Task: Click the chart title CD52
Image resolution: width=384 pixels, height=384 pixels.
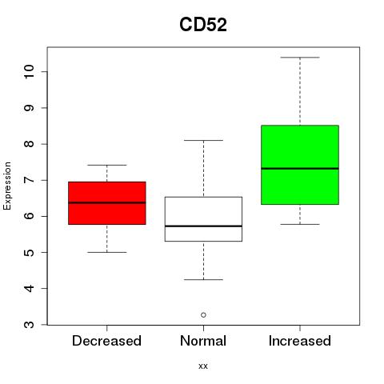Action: tap(203, 25)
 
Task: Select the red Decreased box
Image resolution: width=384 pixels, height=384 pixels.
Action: tap(107, 203)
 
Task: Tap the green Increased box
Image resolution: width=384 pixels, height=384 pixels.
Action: tap(300, 165)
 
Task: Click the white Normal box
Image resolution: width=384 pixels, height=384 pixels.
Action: tap(203, 219)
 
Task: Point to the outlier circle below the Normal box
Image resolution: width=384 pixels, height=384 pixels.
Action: tap(203, 315)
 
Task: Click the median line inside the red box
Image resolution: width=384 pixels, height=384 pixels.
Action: tap(107, 202)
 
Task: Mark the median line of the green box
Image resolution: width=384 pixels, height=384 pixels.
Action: tap(300, 169)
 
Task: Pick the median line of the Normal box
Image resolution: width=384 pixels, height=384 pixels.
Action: tap(203, 226)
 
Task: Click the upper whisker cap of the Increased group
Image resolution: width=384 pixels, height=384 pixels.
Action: tap(300, 58)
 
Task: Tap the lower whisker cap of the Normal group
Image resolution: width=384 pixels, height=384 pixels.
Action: tap(203, 280)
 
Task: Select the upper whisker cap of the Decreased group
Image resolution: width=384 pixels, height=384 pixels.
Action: tap(107, 165)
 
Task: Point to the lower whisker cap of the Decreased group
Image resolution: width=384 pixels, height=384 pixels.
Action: tap(107, 252)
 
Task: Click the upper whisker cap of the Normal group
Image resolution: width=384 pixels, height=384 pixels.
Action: tap(203, 140)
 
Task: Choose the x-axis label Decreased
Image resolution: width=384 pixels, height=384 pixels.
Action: tap(106, 341)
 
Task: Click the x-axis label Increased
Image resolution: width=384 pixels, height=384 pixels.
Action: tap(300, 341)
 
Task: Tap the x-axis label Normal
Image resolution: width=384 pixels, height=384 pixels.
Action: tap(203, 341)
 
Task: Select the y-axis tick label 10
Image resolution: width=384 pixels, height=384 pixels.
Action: tap(29, 71)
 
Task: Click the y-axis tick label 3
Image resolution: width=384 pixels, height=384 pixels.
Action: tap(29, 325)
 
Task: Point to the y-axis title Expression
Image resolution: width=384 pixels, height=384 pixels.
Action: tap(7, 186)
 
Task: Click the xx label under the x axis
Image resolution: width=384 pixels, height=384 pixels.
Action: tap(203, 366)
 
